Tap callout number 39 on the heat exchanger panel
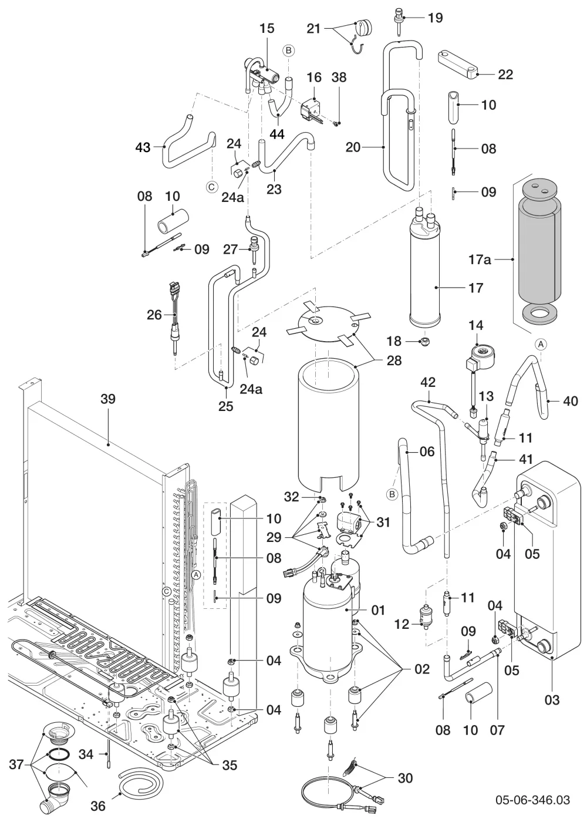point(108,399)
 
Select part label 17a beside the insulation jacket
point(480,260)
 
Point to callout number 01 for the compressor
point(378,610)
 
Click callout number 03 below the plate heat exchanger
point(552,700)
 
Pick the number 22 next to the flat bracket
point(505,75)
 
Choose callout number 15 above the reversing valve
point(266,28)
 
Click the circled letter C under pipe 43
point(211,187)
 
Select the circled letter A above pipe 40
point(540,344)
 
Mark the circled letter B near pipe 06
point(392,494)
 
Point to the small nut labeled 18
point(424,342)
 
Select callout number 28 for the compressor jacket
point(394,361)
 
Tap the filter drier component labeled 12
point(425,618)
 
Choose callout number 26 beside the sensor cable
point(154,315)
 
